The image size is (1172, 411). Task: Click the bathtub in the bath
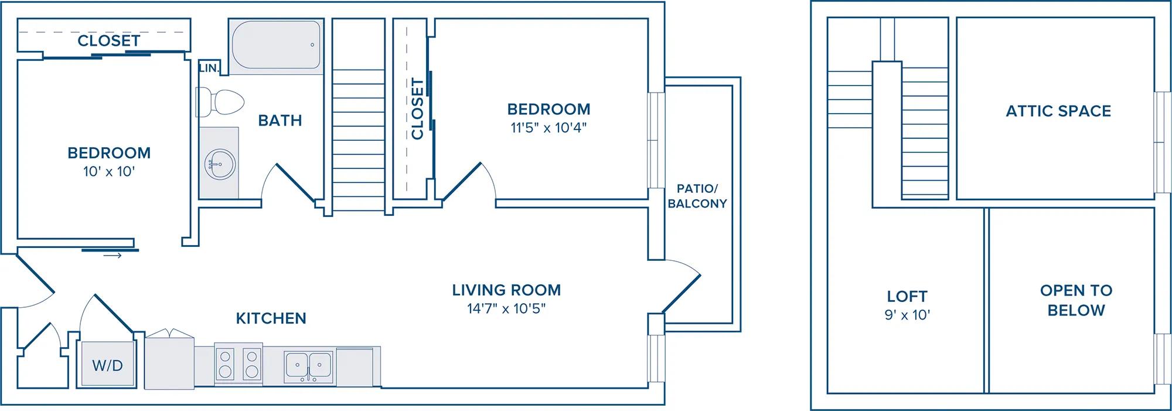tap(277, 46)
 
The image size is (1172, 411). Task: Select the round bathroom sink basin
tap(220, 163)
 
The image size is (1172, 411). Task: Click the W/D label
tap(108, 366)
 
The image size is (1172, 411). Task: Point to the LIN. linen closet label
tap(209, 68)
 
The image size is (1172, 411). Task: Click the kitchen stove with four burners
tap(239, 364)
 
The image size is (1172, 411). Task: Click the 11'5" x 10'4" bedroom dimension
tap(548, 128)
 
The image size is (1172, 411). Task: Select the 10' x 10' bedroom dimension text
tap(109, 172)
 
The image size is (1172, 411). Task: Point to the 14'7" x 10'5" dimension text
tap(506, 308)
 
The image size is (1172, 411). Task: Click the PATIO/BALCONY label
tap(697, 196)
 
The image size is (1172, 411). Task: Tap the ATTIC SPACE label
tap(1058, 111)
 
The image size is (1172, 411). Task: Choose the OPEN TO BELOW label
tap(1076, 300)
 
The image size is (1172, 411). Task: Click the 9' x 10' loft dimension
tap(907, 315)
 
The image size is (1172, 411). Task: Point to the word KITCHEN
tap(271, 318)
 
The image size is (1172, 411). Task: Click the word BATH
tap(280, 121)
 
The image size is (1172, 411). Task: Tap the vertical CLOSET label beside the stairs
tap(417, 108)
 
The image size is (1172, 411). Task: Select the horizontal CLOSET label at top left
tap(109, 40)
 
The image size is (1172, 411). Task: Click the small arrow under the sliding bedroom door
tap(113, 256)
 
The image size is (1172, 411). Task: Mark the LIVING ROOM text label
tap(506, 290)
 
